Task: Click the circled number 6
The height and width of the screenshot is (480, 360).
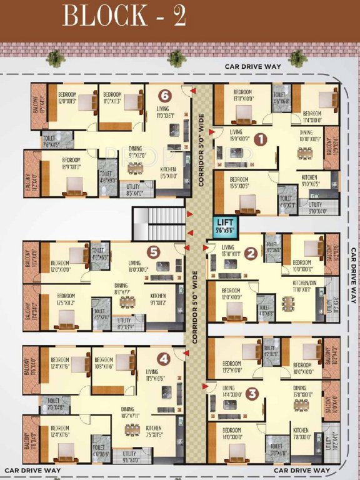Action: click(x=164, y=96)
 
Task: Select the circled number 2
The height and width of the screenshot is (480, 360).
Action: click(x=251, y=253)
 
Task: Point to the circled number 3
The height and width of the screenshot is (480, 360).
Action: click(x=252, y=394)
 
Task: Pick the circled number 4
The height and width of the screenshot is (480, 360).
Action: click(x=163, y=359)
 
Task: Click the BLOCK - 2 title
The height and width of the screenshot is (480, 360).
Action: click(x=124, y=16)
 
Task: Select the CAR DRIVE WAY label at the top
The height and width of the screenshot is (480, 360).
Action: click(x=253, y=66)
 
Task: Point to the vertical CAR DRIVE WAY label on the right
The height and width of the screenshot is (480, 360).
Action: click(x=353, y=275)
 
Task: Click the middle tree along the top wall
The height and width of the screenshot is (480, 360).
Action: click(x=177, y=58)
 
